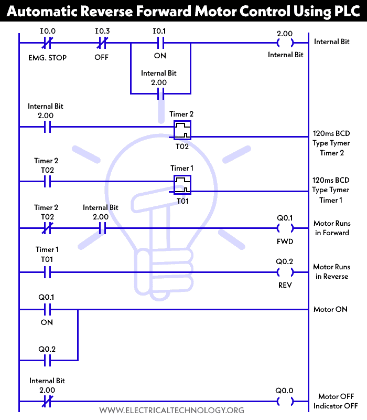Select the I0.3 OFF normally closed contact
point(102,43)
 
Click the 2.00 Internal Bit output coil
point(284,43)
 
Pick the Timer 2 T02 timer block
point(182,129)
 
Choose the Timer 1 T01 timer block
point(182,184)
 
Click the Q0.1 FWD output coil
point(285,228)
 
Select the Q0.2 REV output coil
point(285,272)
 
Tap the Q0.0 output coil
point(285,402)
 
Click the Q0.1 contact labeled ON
point(47,309)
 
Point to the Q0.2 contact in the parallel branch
point(47,360)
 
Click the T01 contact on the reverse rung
point(47,272)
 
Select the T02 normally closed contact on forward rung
point(47,228)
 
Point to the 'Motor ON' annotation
point(330,309)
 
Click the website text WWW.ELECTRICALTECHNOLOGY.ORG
point(171,410)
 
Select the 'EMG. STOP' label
point(48,57)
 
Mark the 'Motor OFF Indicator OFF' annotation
point(336,401)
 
